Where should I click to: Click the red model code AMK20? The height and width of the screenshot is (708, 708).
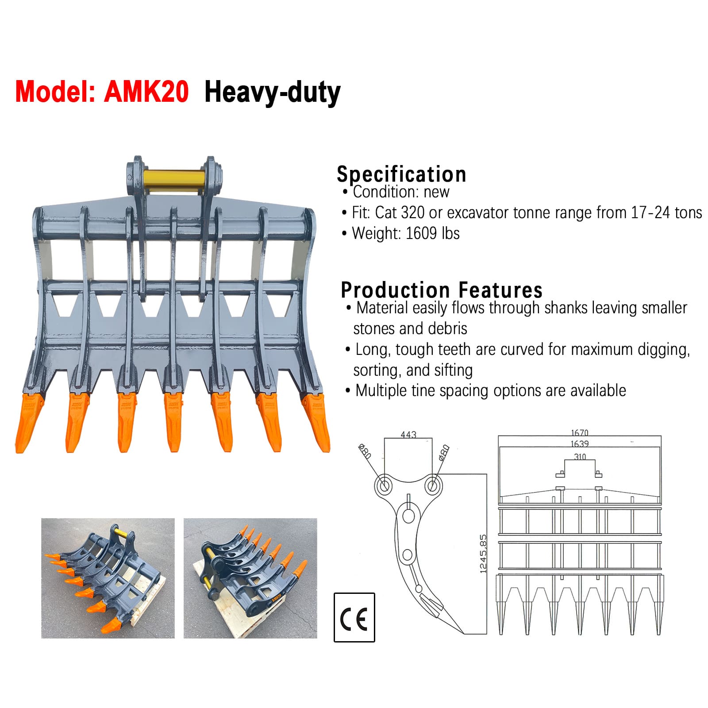click(146, 92)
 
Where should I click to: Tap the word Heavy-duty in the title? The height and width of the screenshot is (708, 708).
click(272, 92)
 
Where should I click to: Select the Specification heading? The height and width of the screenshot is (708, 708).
click(401, 174)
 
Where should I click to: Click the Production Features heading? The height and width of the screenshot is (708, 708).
click(441, 290)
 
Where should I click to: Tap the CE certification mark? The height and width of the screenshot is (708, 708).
click(354, 618)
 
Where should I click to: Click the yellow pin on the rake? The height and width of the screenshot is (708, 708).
click(174, 181)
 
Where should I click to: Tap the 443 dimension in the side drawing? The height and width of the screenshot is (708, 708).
click(408, 435)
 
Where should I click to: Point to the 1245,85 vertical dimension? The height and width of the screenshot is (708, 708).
click(483, 554)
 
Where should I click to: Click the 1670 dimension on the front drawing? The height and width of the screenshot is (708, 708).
click(579, 432)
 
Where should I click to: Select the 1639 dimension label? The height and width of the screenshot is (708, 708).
click(579, 443)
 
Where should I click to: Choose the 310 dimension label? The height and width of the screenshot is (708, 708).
click(580, 456)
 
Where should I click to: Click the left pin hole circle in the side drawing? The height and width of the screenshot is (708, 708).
click(383, 485)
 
